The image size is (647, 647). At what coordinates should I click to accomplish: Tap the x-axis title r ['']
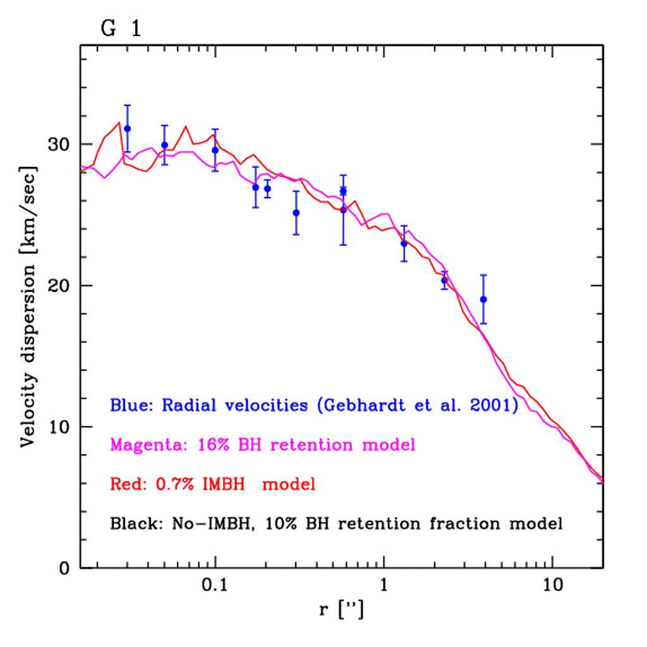(341, 612)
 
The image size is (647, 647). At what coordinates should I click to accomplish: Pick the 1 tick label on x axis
(384, 586)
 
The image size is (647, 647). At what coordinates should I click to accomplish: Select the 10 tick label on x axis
(553, 586)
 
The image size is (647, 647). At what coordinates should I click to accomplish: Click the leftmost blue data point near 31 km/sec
(127, 128)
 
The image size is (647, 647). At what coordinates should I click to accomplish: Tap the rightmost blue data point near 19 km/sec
(483, 299)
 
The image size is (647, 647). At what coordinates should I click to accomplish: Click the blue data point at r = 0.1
(215, 150)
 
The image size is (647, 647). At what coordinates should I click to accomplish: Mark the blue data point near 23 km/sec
(404, 243)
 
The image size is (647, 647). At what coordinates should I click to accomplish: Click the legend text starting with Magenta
(263, 445)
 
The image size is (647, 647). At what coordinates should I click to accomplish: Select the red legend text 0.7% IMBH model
(212, 485)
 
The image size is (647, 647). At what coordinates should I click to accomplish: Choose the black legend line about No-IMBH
(336, 524)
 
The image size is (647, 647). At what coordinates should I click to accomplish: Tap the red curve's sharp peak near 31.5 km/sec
(119, 123)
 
